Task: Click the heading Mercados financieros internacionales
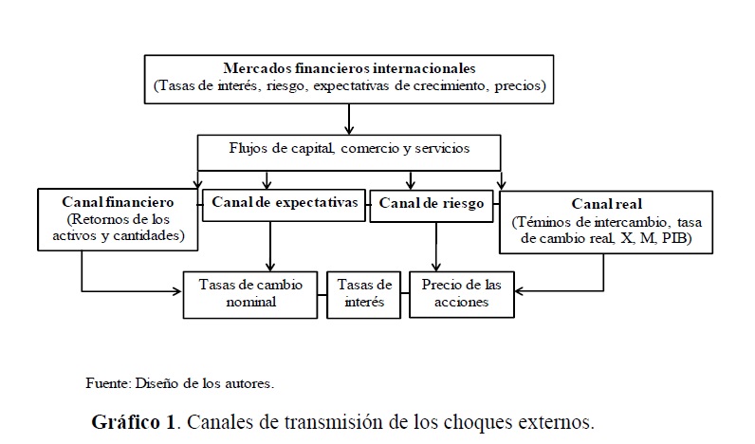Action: coord(350,68)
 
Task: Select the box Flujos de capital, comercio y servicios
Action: coord(349,149)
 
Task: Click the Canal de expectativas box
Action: coord(284,203)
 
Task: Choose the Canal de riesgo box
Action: coord(432,203)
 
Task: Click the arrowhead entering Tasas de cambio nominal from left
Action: coord(177,288)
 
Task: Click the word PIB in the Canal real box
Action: coord(675,239)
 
